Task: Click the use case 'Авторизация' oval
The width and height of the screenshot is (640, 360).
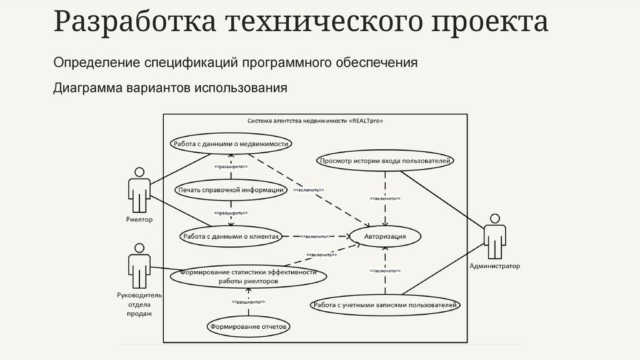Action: (385, 236)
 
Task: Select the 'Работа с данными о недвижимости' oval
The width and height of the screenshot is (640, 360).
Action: (231, 144)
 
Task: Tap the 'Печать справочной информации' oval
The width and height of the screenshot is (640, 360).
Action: (231, 190)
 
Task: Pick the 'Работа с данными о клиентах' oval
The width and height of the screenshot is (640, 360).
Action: (231, 236)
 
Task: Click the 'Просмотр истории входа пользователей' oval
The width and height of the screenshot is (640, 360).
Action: (385, 161)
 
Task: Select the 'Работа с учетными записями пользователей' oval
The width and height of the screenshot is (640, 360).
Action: (385, 305)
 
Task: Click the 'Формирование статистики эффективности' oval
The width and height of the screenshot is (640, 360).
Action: (248, 277)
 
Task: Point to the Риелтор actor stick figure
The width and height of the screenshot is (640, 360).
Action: (139, 190)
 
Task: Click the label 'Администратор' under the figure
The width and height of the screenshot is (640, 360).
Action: (494, 266)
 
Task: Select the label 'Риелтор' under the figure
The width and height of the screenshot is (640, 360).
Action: (139, 220)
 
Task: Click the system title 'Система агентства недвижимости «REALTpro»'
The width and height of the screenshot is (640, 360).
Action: (315, 121)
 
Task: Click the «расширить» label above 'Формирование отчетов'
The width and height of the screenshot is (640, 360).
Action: (248, 302)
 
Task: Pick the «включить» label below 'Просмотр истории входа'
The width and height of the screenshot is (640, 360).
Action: (385, 199)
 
